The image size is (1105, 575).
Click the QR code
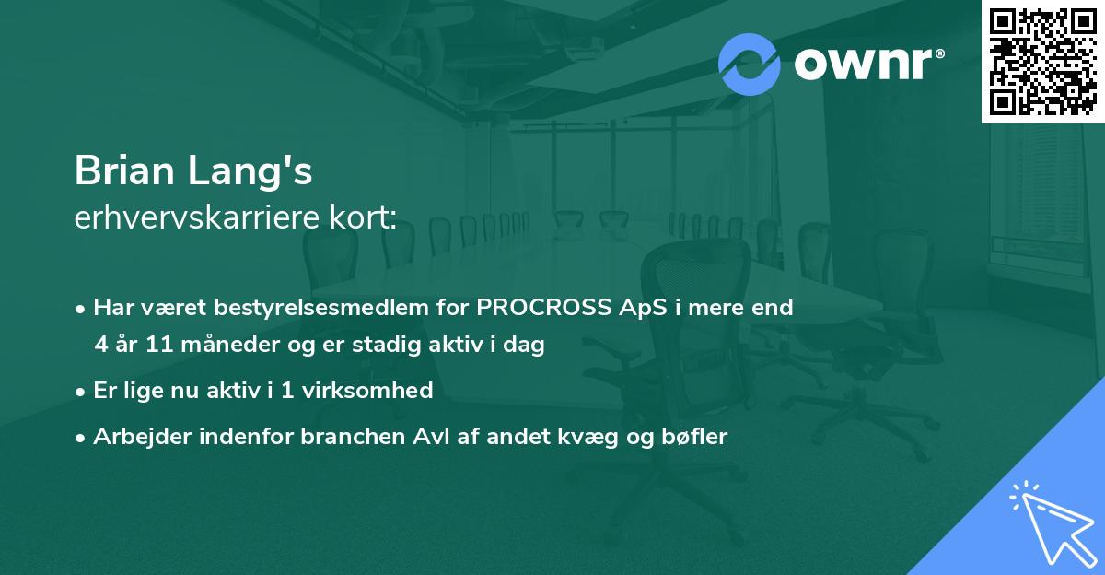[x=1042, y=62]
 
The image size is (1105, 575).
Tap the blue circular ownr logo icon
[x=749, y=65]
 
